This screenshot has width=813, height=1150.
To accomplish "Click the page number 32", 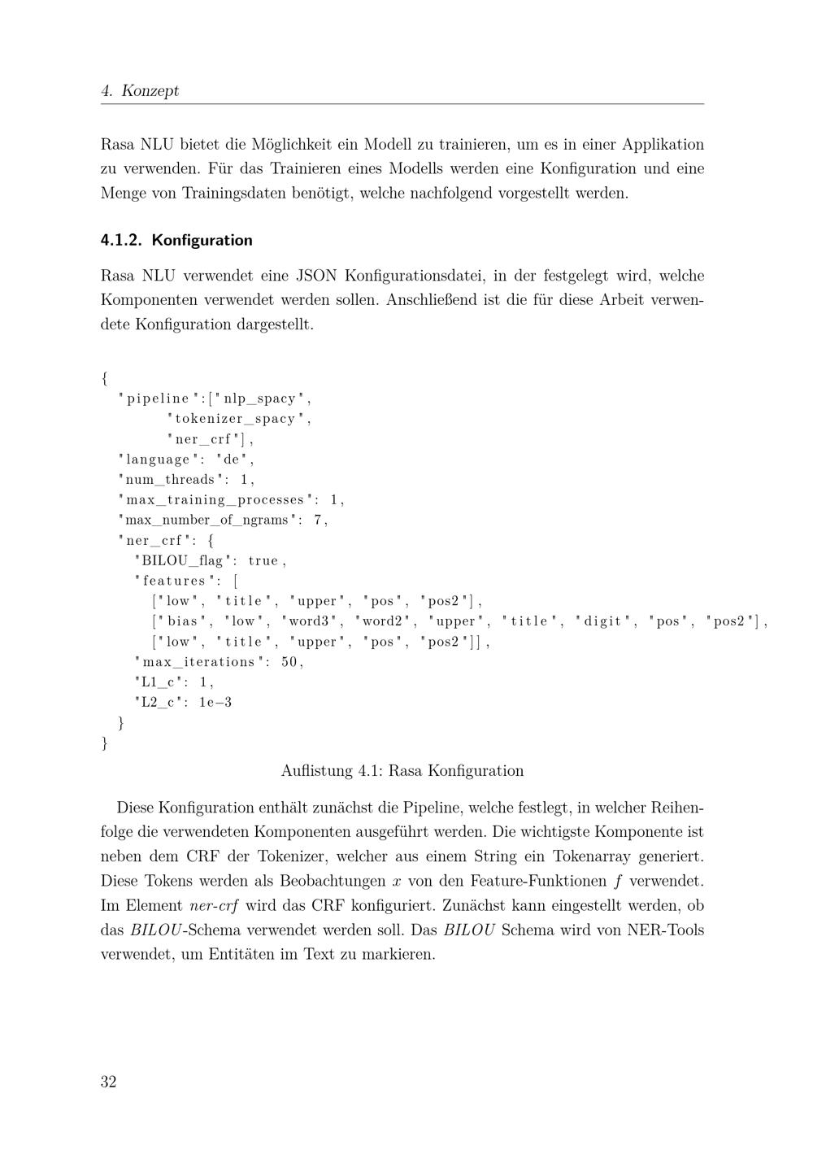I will [108, 1082].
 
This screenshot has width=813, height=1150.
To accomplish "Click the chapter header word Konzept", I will [150, 90].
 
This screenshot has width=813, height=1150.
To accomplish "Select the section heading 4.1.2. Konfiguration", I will [176, 240].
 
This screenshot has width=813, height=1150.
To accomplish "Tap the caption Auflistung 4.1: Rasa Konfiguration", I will [402, 771].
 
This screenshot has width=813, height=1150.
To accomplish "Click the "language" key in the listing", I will [158, 460].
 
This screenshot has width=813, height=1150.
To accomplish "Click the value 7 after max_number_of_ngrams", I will [318, 521].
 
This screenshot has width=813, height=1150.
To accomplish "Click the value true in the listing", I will [263, 561].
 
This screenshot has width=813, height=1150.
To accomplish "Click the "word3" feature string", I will [309, 622].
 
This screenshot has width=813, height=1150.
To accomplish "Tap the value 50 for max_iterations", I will [289, 663].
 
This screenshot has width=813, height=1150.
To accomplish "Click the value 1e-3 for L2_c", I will [215, 703].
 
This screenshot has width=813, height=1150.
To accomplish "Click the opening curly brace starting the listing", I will [105, 378].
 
